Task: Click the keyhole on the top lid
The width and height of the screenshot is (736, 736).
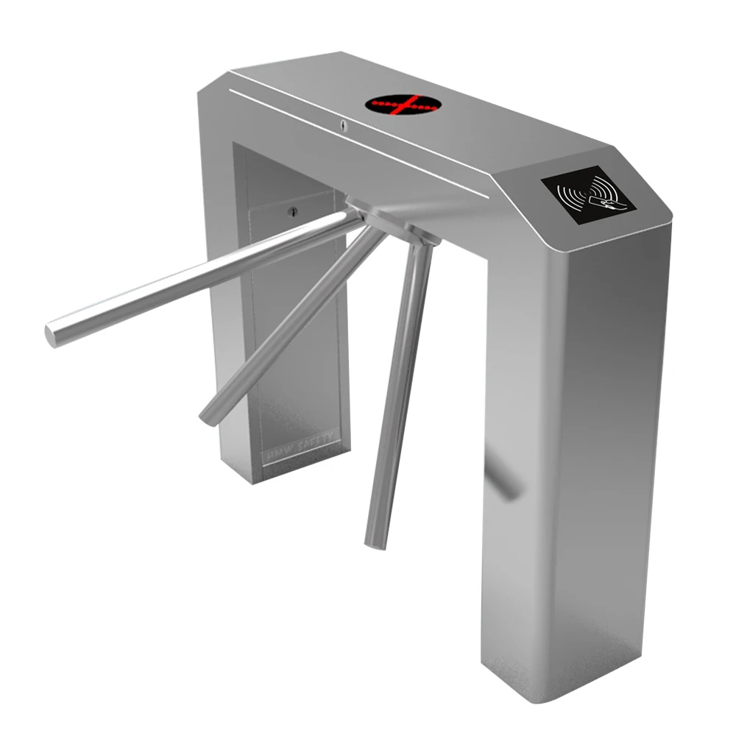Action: click(344, 124)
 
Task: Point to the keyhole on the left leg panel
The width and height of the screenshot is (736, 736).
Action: click(292, 213)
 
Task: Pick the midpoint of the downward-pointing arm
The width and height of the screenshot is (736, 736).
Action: click(401, 390)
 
